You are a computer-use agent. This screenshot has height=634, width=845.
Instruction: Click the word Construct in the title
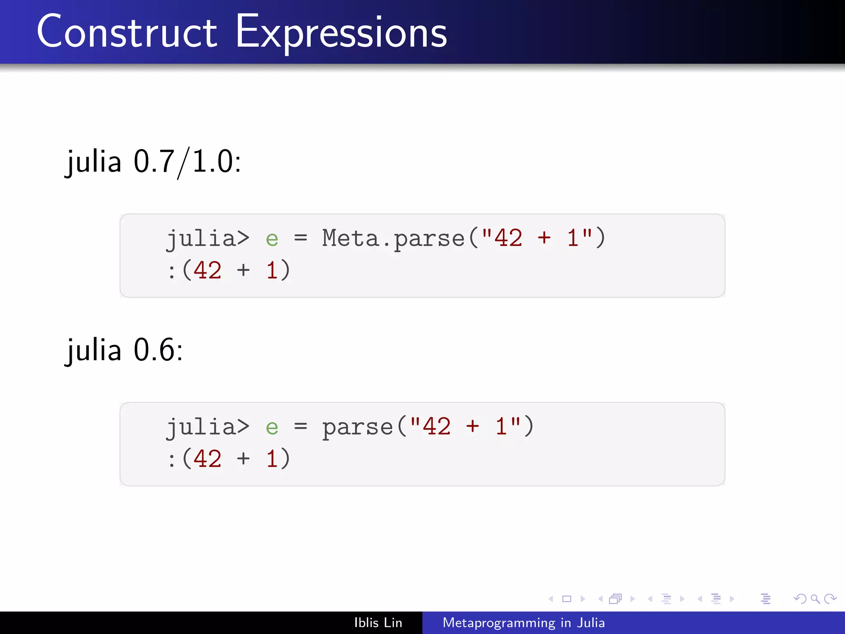(x=127, y=32)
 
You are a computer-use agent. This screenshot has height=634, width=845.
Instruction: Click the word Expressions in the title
(x=341, y=33)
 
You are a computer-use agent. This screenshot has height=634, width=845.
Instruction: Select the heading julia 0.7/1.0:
(x=153, y=162)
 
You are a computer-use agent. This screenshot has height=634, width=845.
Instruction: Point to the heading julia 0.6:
(x=124, y=350)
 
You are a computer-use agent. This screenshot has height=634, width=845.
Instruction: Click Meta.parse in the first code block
(x=393, y=239)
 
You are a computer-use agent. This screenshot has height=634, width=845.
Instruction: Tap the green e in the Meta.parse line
(x=272, y=239)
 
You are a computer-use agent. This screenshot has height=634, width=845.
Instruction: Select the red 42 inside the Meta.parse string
(x=508, y=238)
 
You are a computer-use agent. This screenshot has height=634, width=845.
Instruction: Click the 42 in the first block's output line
(x=208, y=271)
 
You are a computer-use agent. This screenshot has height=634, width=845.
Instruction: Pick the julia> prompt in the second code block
(x=208, y=427)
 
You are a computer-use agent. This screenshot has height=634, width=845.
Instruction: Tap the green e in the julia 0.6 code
(x=272, y=428)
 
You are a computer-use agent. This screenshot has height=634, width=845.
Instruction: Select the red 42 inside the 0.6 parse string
(x=437, y=426)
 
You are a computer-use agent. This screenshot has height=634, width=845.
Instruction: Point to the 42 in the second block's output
(x=208, y=459)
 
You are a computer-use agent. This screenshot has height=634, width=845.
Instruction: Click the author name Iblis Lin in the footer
(x=378, y=623)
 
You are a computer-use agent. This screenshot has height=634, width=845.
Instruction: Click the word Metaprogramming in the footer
(x=499, y=623)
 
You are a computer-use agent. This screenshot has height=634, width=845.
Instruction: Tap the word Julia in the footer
(x=591, y=623)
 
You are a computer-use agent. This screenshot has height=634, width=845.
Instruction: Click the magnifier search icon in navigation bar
(x=815, y=599)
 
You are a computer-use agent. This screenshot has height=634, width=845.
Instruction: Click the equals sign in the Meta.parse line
(x=300, y=238)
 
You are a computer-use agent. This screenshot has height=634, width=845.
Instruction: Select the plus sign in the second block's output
(x=243, y=459)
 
